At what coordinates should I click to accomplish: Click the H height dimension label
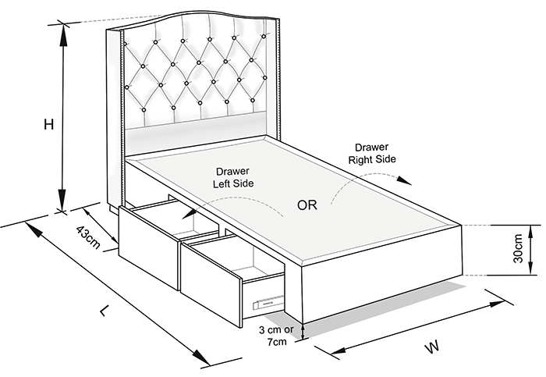click(x=48, y=124)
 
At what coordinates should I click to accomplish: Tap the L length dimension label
click(x=104, y=310)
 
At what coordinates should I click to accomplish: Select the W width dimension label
click(x=432, y=347)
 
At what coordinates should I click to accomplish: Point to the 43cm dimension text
click(x=88, y=237)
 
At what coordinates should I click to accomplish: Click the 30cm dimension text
click(x=518, y=248)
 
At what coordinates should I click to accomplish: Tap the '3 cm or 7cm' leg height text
click(x=276, y=336)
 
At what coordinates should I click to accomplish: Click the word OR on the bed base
click(x=307, y=205)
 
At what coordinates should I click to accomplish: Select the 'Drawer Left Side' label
click(x=233, y=177)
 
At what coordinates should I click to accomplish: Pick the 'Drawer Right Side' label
click(x=372, y=153)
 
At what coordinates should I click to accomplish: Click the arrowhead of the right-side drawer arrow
click(x=405, y=180)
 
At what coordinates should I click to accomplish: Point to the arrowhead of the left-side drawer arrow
click(x=189, y=213)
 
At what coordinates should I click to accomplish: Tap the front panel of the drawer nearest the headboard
click(x=149, y=247)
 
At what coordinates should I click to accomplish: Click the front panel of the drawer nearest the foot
click(x=211, y=283)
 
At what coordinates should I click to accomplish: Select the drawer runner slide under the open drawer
click(x=268, y=302)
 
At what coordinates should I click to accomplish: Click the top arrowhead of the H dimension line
click(x=63, y=35)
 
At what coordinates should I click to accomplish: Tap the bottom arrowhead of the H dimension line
click(x=62, y=200)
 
